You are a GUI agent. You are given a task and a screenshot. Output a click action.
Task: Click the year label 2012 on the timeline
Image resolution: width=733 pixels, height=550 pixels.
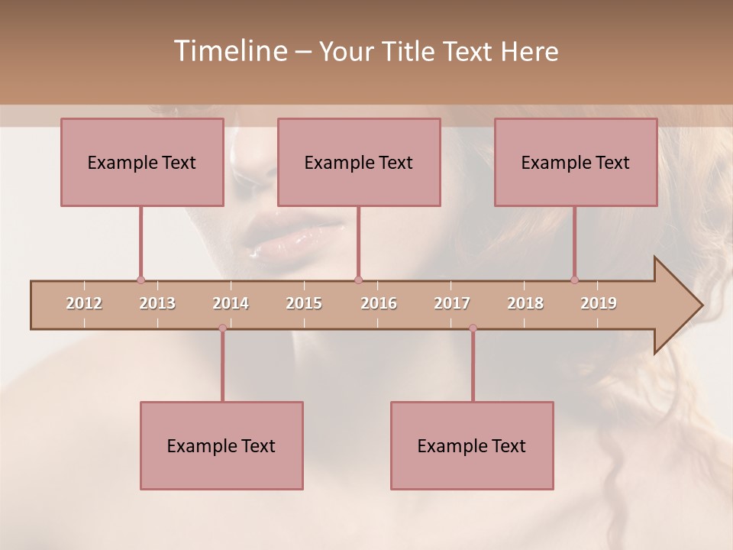84,303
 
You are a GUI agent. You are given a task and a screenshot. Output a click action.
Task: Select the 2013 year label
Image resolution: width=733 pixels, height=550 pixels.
157,303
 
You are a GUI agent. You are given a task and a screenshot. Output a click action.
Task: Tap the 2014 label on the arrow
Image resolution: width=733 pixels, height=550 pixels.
231,303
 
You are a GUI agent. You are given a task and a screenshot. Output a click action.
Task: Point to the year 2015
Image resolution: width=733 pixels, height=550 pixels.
304,303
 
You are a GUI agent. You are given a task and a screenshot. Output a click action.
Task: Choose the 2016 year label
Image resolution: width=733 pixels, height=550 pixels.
379,303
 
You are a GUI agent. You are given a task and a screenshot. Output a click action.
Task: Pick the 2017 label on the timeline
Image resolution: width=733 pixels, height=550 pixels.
452,303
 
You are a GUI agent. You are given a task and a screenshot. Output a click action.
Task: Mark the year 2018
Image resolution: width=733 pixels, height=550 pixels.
525,303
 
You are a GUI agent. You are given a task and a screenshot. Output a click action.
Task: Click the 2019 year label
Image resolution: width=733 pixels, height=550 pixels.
599,303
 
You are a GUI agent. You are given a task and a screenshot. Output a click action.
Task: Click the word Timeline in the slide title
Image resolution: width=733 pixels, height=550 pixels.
229,51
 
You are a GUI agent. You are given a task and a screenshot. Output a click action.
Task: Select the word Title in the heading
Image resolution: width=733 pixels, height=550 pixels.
411,52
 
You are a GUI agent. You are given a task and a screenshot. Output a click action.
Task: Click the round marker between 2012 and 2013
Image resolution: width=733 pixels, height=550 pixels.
140,280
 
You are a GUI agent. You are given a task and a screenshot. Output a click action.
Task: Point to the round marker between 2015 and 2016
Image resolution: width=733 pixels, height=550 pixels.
358,280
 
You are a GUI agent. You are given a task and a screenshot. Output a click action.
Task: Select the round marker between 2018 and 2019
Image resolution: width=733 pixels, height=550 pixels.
575,280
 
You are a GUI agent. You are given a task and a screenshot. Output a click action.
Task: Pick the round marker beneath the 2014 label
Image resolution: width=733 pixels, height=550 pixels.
222,328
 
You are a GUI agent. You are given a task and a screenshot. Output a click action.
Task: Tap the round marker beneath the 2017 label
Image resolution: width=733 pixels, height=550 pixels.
473,328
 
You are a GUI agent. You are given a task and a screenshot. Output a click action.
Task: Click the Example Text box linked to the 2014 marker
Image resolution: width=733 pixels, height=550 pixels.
221,445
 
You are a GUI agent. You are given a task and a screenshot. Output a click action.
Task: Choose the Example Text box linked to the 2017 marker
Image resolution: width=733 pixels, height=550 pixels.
472,445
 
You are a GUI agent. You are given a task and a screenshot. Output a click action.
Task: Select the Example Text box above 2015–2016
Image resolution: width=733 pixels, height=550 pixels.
359,162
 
